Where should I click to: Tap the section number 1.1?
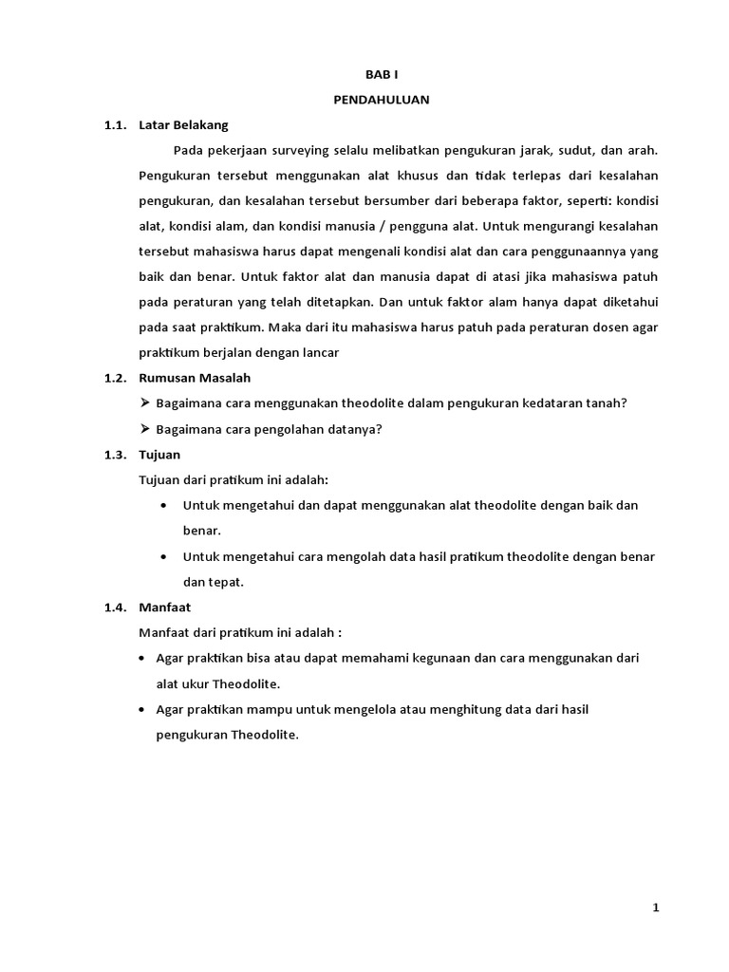115,124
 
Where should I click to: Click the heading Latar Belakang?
183,124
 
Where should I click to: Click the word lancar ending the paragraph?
320,352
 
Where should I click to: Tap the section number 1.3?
115,455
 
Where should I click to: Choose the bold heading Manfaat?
165,607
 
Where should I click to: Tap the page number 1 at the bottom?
655,907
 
